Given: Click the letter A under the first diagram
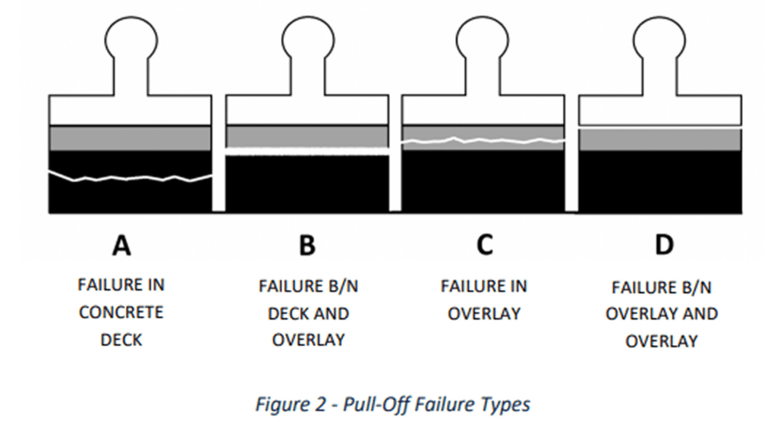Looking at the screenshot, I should pos(121,245).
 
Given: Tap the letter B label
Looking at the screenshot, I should pos(307,245).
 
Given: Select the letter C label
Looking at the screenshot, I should pos(484,245).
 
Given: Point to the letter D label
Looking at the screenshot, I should pos(663,245).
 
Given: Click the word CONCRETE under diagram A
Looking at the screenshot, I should pos(121,312).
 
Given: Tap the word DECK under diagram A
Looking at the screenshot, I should pos(121,340).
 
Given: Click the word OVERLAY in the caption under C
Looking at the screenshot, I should pos(483,314).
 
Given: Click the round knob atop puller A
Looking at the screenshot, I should pos(130,38).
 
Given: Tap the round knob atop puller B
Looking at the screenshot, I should pos(307,38).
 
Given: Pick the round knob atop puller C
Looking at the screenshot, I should pos(483,38).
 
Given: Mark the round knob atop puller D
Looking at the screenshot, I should pos(659,38).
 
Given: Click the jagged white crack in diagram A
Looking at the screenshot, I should pos(130,178).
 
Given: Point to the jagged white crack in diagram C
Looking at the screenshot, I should pos(483,140).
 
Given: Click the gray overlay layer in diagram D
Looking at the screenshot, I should pos(659,140).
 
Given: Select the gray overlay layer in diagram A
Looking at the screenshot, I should pos(130,138).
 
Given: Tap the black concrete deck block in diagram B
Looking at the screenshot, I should pos(307,184).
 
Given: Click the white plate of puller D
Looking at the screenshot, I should pos(659,109).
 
